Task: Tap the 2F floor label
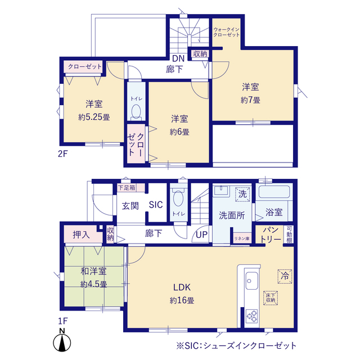tap(62, 154)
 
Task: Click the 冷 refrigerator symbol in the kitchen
tap(284, 276)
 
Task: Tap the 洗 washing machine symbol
tap(241, 193)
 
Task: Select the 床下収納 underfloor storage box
tap(271, 298)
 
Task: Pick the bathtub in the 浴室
tap(273, 192)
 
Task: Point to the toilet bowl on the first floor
tap(178, 199)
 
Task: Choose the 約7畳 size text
tap(250, 100)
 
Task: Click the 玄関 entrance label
tap(130, 205)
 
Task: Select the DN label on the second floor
tap(178, 58)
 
